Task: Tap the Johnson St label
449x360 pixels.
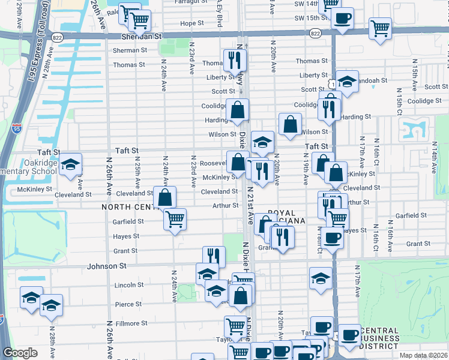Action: tap(107, 266)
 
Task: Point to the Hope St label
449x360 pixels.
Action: tap(192, 23)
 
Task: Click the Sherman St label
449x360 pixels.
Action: tap(130, 50)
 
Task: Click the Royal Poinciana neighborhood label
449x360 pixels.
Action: tap(287, 217)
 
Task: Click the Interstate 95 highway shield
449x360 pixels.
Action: tap(17, 128)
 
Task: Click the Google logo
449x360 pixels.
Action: tap(20, 353)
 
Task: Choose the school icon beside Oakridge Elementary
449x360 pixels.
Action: tap(70, 164)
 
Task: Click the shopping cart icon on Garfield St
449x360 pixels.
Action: tap(175, 219)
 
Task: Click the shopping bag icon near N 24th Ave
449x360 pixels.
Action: tap(164, 197)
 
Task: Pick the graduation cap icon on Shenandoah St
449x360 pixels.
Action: tap(347, 81)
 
